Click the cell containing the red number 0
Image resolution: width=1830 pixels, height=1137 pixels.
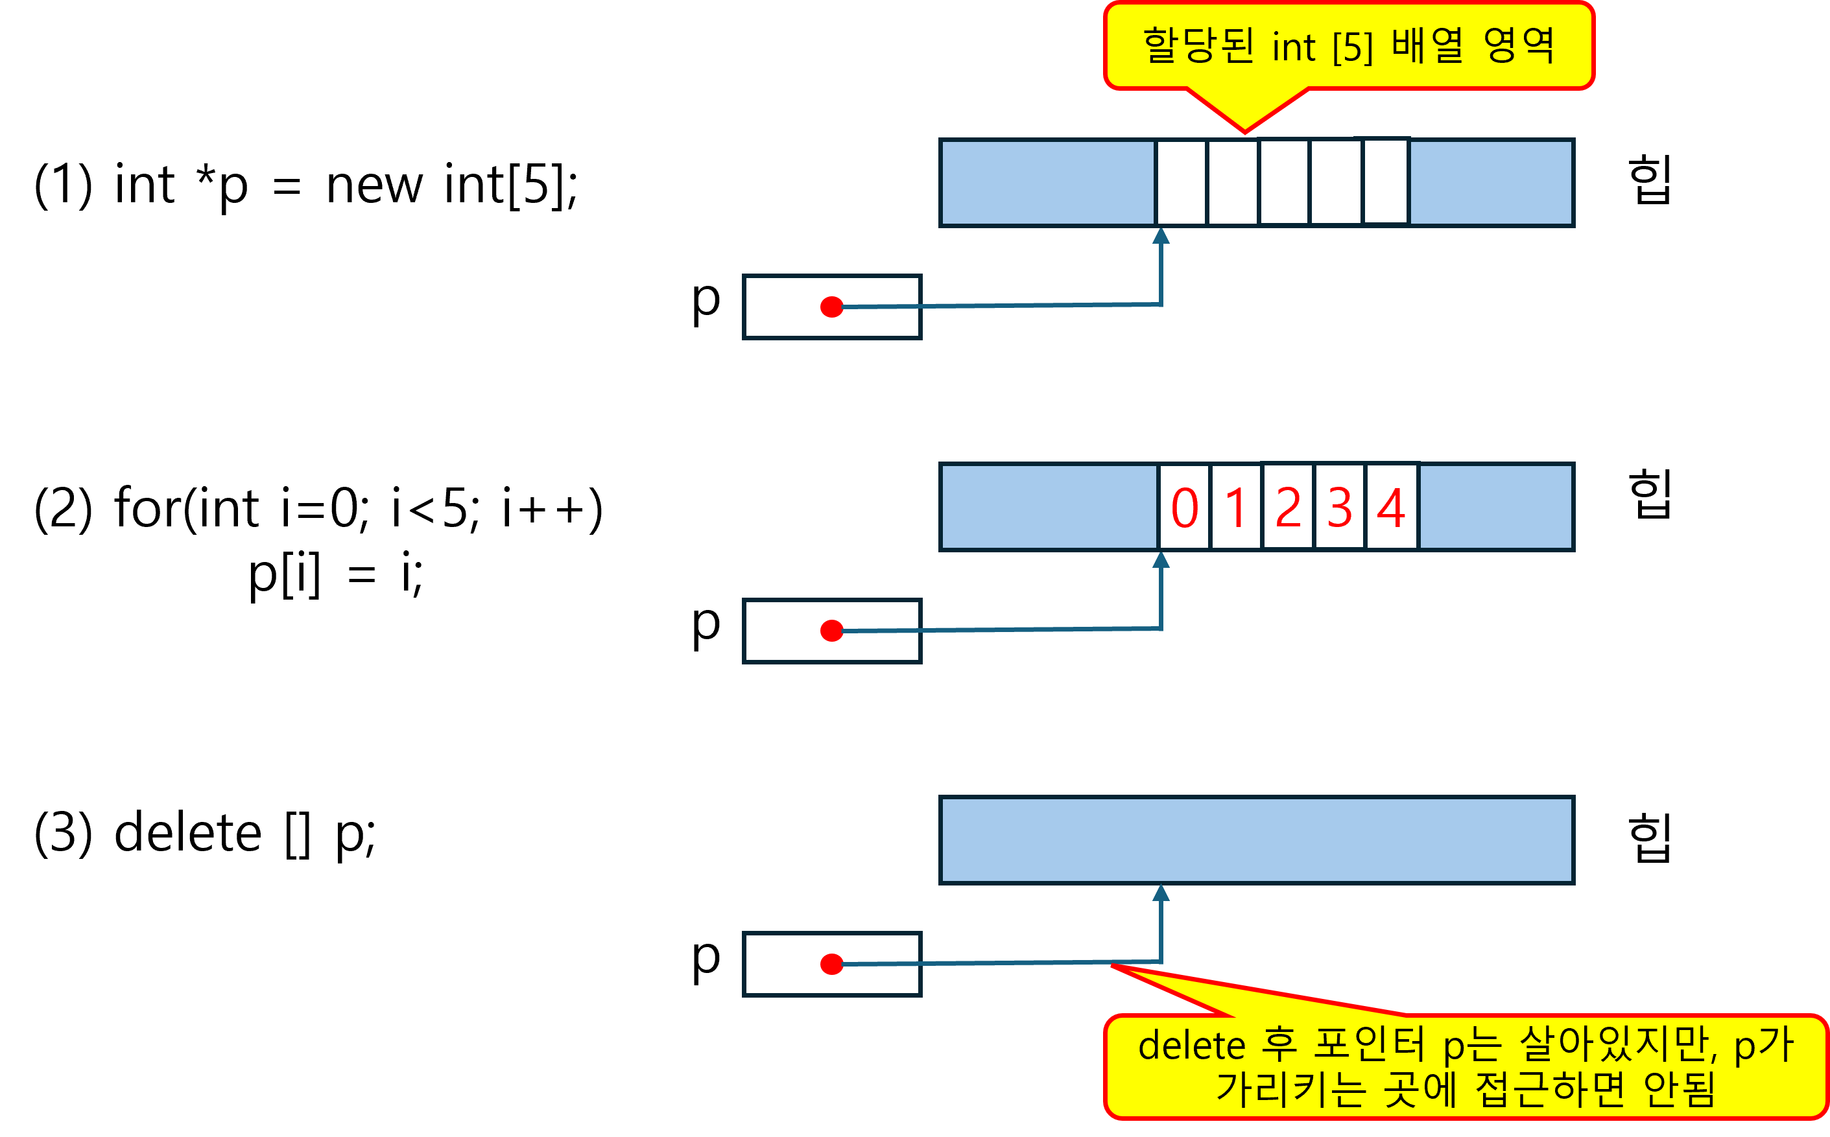[x=1185, y=507]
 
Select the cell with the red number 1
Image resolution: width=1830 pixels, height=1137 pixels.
[x=1236, y=507]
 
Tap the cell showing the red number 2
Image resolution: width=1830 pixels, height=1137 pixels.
[x=1289, y=507]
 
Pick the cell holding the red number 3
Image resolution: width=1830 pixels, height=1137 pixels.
[x=1340, y=507]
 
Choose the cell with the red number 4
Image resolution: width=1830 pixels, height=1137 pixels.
[x=1392, y=507]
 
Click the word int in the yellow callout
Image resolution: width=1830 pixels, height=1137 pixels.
[x=1294, y=47]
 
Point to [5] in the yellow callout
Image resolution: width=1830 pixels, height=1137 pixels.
[x=1352, y=47]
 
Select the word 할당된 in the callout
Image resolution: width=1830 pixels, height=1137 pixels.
[x=1198, y=46]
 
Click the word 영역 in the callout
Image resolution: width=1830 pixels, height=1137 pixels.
[x=1519, y=46]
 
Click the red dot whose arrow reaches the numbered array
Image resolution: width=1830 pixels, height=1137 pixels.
[x=831, y=630]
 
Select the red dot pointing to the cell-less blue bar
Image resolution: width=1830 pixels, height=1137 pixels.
[x=831, y=964]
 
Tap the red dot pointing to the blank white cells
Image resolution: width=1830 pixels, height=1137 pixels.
[x=831, y=307]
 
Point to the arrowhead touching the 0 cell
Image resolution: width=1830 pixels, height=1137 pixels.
[x=1161, y=560]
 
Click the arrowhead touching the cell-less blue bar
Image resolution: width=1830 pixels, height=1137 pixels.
[x=1161, y=893]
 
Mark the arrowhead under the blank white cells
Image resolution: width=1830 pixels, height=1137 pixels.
[x=1161, y=236]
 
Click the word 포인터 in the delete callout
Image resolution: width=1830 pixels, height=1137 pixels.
[x=1369, y=1044]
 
